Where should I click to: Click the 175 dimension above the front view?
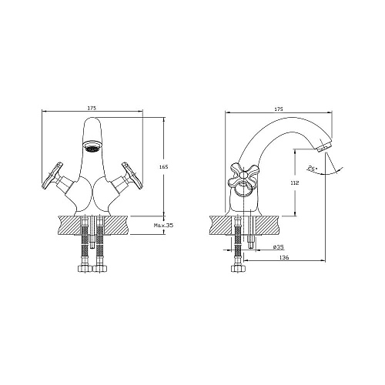click(x=92, y=108)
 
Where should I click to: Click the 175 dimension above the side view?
click(x=279, y=109)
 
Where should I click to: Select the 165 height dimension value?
click(x=163, y=167)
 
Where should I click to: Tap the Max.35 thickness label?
click(x=163, y=226)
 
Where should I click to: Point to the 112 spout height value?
click(x=295, y=183)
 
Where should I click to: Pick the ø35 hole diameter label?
click(x=279, y=247)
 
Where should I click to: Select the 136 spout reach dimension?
click(x=284, y=258)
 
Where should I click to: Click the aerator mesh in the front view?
click(x=92, y=146)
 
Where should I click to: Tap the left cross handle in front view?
click(x=52, y=176)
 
